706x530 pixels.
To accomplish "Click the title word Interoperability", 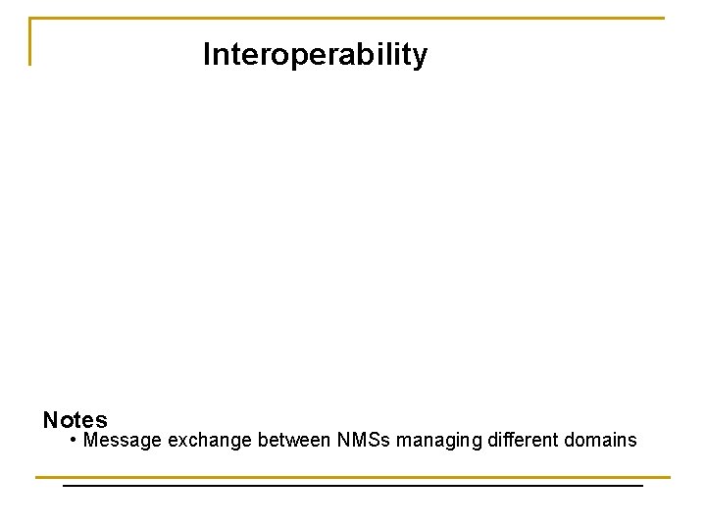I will (315, 55).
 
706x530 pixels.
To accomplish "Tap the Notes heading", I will (76, 420).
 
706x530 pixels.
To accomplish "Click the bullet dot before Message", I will (75, 440).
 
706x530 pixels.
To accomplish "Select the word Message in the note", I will (124, 440).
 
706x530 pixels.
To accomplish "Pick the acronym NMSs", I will (363, 440).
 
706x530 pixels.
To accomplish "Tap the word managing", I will (438, 440).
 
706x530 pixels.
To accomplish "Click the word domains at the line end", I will (601, 440).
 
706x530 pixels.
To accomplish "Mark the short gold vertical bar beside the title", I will (30, 41).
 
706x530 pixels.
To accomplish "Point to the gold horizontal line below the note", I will (353, 477).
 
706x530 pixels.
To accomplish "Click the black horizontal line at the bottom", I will (353, 485).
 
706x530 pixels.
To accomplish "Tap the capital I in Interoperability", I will (206, 55).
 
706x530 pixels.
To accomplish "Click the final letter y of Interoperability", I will (421, 57).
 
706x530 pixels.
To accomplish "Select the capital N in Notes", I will (50, 420).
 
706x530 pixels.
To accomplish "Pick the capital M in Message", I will (91, 440).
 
